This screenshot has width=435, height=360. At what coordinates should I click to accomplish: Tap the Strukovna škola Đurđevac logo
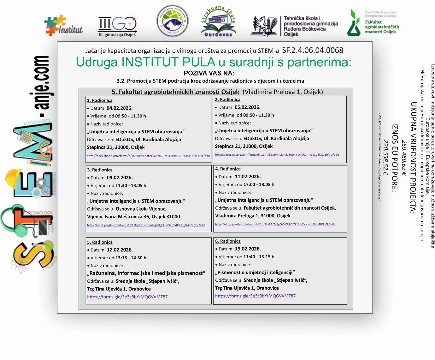point(218,22)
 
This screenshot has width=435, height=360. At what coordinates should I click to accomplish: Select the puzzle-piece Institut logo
point(64,26)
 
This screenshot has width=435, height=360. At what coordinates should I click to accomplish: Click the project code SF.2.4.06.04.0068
point(312,50)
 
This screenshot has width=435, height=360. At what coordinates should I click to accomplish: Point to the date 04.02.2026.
point(119,108)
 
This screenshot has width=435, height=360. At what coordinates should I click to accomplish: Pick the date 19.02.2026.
point(248,249)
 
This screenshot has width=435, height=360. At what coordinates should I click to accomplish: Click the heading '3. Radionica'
point(100,170)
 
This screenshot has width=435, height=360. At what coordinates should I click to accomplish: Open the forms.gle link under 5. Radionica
point(127,297)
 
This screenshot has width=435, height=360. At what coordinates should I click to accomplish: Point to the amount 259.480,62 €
point(404,158)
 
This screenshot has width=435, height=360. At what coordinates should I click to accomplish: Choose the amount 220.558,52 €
point(385,158)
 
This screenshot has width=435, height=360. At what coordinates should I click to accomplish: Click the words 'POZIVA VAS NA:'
point(209,73)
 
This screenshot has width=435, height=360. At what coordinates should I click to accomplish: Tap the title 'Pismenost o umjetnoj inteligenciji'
point(255,272)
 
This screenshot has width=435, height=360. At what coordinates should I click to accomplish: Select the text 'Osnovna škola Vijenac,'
point(141,209)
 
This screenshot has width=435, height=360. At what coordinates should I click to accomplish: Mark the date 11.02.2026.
point(248,177)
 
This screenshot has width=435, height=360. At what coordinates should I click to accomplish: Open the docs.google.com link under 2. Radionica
point(277,155)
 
